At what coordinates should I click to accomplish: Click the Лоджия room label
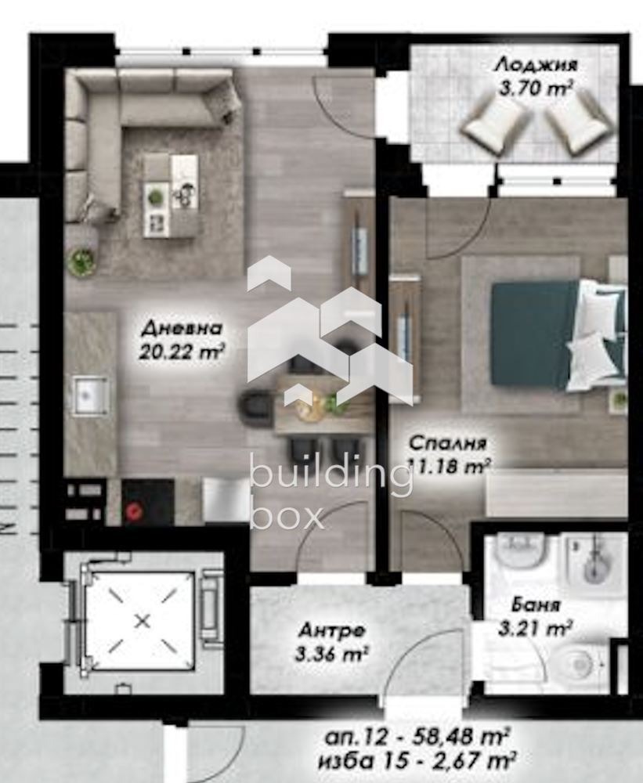click(x=536, y=65)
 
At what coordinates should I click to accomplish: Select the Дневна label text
click(x=182, y=329)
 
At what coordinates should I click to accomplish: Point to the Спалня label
click(x=448, y=443)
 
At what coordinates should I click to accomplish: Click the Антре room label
click(x=332, y=630)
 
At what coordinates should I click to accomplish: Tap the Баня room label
click(x=536, y=606)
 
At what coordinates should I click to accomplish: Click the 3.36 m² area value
click(x=332, y=654)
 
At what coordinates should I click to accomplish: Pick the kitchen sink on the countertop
click(x=91, y=395)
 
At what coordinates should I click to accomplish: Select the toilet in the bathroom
click(x=580, y=664)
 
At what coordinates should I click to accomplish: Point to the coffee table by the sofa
click(x=171, y=196)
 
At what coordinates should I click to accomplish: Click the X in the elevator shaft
click(x=143, y=621)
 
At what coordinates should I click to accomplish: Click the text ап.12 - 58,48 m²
click(x=417, y=737)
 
